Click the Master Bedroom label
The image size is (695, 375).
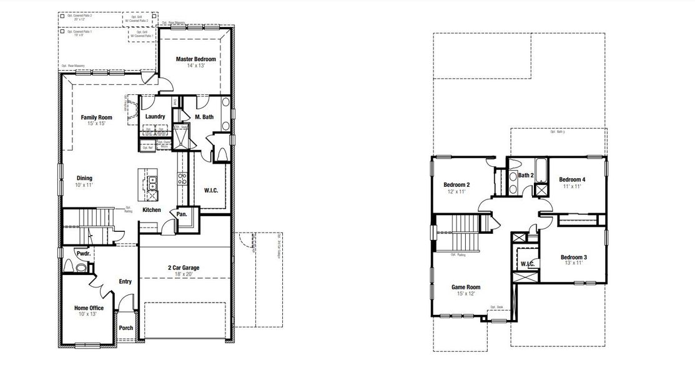pos(195,59)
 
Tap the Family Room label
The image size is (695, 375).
pos(96,117)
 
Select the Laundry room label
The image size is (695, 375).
pos(155,116)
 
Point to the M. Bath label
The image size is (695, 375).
pos(205,116)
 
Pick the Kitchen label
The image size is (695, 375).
pos(152,210)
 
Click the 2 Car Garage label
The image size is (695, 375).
pos(183,267)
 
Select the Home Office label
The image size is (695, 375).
pos(89,307)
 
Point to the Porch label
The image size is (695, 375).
pos(126,327)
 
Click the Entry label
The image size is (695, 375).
pos(126,281)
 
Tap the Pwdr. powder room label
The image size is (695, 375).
pos(83,254)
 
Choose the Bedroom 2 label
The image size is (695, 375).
pos(456,184)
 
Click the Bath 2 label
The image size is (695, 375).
pos(526,176)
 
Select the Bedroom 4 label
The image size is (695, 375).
pos(572,179)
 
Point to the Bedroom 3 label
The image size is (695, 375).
pos(573,257)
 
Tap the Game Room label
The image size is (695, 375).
pos(466,287)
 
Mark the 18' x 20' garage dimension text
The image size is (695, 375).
pos(183,274)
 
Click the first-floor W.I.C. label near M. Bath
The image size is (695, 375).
pos(210,189)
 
